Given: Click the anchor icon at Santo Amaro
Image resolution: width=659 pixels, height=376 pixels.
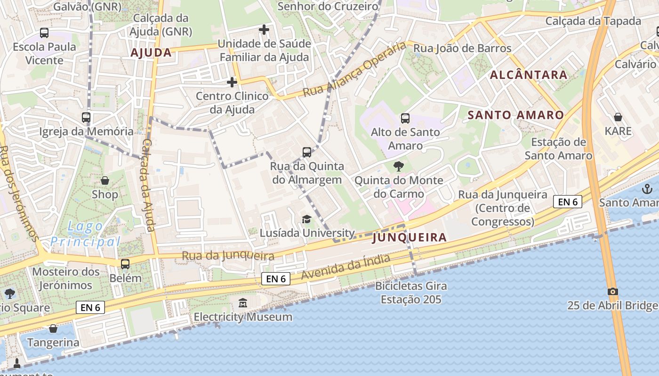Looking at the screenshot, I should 647,189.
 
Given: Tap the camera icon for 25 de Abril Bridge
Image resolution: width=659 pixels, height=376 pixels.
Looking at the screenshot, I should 612,291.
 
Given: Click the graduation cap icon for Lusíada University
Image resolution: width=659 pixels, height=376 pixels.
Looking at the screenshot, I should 306,219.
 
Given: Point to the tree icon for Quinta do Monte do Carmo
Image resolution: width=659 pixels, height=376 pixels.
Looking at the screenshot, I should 398,166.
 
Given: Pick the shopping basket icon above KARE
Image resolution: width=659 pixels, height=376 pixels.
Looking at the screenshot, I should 618,117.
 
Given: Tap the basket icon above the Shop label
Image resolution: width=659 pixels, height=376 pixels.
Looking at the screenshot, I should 105,180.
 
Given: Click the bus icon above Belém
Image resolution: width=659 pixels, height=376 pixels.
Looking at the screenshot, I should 125,264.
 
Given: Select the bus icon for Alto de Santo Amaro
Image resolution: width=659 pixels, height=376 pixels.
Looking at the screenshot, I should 405,118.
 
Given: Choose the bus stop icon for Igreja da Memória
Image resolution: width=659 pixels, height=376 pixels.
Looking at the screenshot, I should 86,117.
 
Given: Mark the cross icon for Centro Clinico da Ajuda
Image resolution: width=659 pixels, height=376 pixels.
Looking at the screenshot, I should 232,82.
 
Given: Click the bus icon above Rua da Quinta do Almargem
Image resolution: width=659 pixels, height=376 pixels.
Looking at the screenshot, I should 307,152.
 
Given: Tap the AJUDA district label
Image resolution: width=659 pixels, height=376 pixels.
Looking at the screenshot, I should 151,53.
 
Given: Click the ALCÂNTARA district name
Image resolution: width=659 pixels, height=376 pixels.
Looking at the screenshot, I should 529,75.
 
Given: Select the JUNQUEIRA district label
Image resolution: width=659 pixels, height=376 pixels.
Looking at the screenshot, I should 410,237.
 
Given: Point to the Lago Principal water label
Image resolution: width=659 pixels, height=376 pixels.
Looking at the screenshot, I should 86,234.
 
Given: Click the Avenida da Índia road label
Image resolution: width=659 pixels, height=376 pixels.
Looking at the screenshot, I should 346,267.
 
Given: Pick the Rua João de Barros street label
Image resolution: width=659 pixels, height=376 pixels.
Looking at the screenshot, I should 462,48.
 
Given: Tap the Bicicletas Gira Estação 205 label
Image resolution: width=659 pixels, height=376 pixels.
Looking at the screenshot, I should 411,292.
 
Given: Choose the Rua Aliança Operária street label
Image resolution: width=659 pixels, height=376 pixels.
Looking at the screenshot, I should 354,69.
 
